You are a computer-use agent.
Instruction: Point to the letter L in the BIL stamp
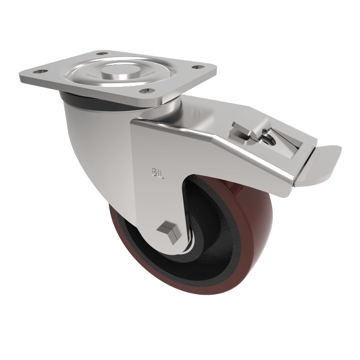pos(162,173)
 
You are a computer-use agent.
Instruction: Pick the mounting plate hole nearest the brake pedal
pos(195,68)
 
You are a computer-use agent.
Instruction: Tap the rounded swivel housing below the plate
pos(94,135)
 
